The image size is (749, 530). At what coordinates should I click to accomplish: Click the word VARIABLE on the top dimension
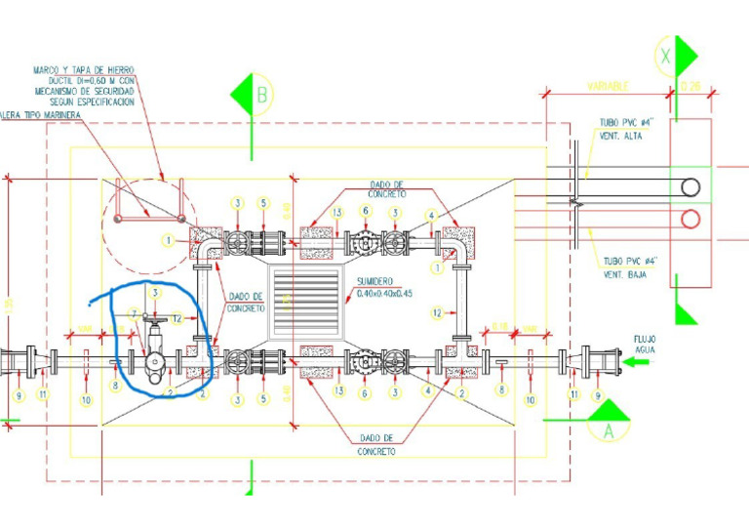609,87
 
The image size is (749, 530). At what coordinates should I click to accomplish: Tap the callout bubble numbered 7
135,313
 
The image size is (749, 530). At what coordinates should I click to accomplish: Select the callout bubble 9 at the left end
19,395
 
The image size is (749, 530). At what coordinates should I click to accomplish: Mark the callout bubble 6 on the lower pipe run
364,394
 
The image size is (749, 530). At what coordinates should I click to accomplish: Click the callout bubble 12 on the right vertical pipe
438,312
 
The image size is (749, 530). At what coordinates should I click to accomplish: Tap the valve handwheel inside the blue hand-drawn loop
153,320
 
